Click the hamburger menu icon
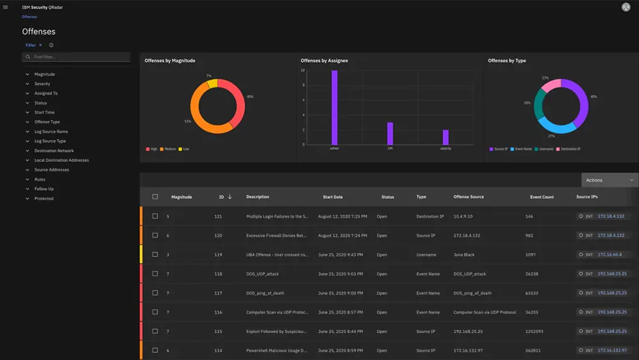pos(6,7)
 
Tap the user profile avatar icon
pos(626,7)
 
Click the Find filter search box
pos(77,57)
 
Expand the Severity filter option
pos(42,84)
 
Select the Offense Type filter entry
pos(47,122)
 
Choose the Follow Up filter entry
pos(44,189)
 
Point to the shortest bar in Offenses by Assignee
pos(445,137)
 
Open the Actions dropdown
pos(610,180)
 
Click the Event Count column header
pos(542,197)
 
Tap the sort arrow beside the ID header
pos(230,197)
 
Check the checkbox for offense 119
pos(155,254)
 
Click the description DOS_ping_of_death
pos(266,293)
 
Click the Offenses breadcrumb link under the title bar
pos(29,17)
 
